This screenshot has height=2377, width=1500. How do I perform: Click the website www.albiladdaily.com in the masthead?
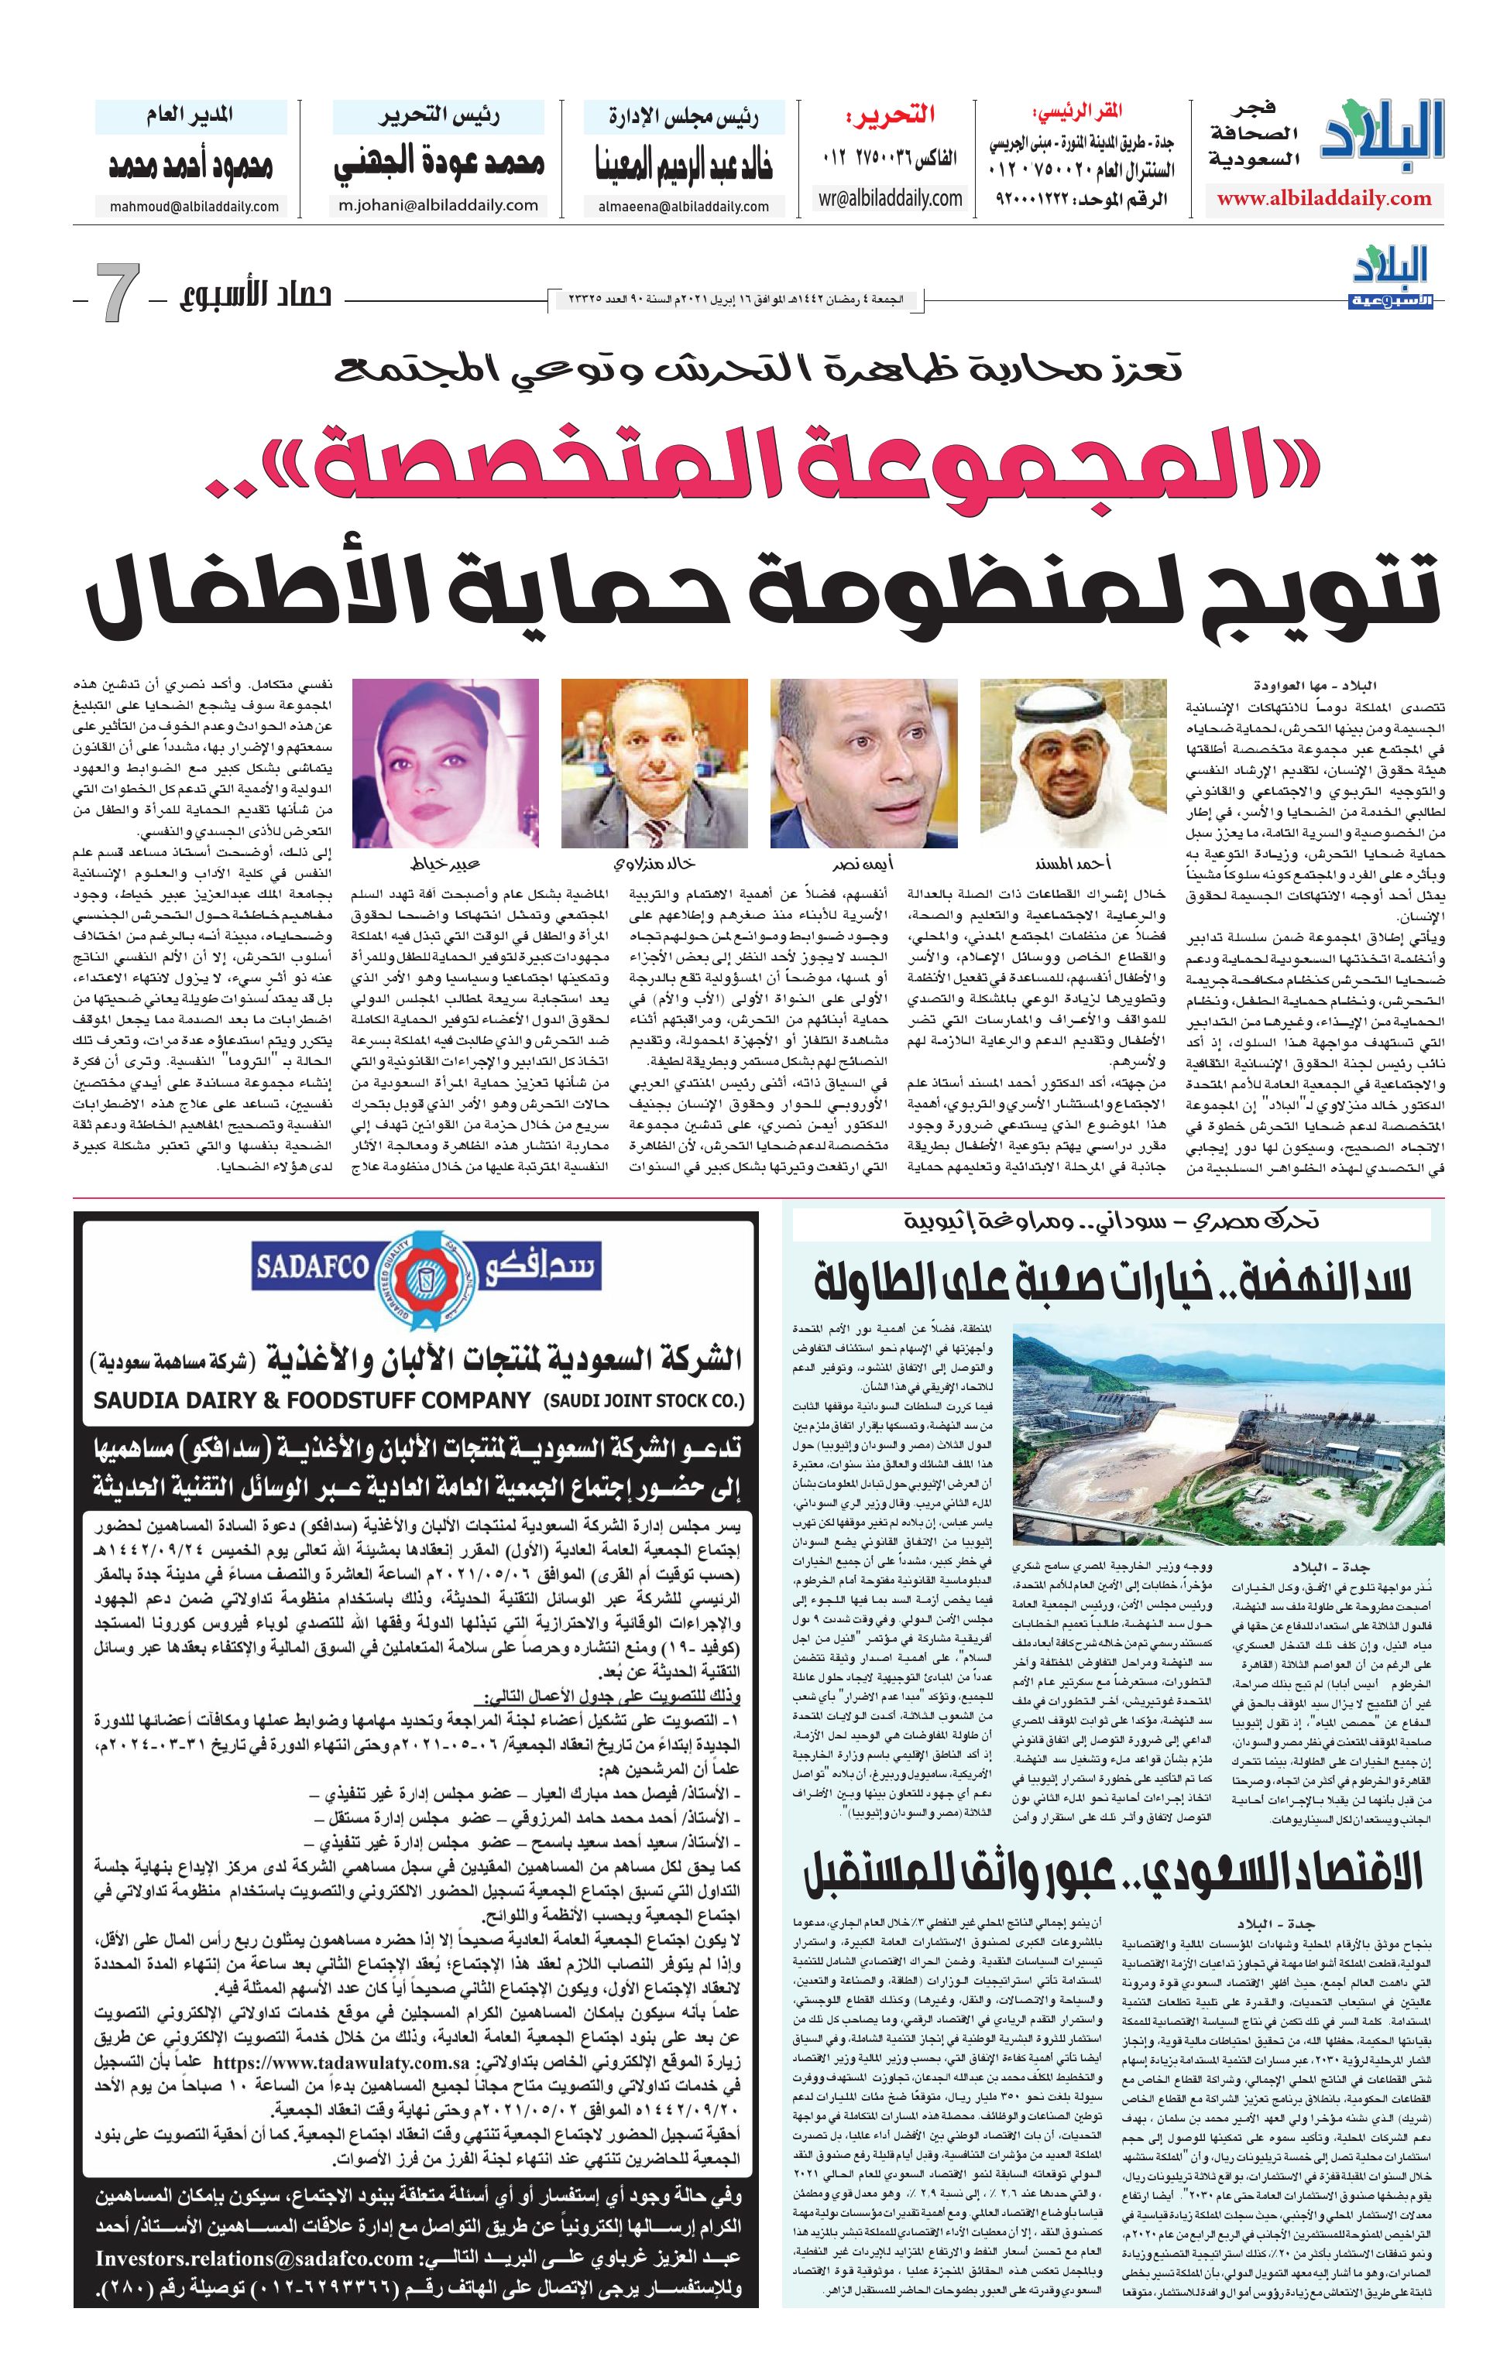tap(1323, 198)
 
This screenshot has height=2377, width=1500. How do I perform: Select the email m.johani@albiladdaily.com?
tap(439, 205)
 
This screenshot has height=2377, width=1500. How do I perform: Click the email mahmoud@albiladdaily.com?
tap(187, 207)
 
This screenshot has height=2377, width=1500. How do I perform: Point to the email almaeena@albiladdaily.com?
tap(683, 207)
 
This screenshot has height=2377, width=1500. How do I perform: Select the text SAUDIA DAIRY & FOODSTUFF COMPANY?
tap(313, 1399)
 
